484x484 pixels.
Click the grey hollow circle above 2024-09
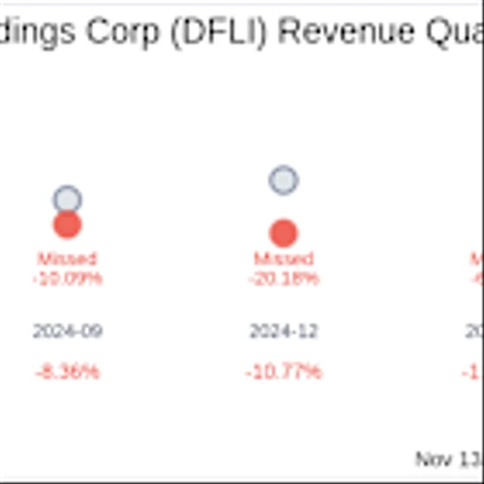[x=67, y=200]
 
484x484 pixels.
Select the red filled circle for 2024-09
[x=67, y=225]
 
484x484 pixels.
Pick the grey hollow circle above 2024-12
[x=284, y=180]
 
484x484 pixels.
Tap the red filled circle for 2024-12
[x=284, y=233]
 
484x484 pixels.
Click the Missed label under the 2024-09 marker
[x=67, y=259]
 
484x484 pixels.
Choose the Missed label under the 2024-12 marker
[x=284, y=259]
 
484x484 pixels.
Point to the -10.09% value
[x=67, y=279]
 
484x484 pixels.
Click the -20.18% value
[x=284, y=279]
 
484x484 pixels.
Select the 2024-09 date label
[x=67, y=331]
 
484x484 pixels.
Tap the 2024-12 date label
[x=284, y=331]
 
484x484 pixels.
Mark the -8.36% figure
[x=67, y=372]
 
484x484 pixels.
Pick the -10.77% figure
[x=284, y=372]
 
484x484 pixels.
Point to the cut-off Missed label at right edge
[x=477, y=259]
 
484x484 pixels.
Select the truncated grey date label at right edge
[x=475, y=331]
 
